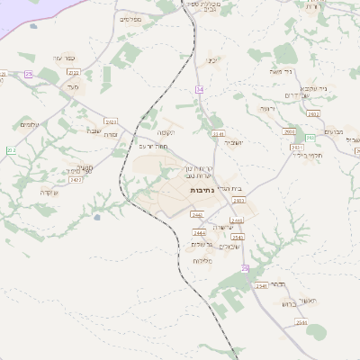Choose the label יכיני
click(213, 60)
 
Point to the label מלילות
click(202, 260)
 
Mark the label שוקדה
click(49, 192)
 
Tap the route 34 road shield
click(200, 89)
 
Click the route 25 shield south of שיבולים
click(244, 268)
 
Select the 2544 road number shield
click(301, 321)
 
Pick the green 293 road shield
click(310, 138)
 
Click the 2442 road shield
click(197, 214)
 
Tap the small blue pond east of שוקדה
click(95, 217)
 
